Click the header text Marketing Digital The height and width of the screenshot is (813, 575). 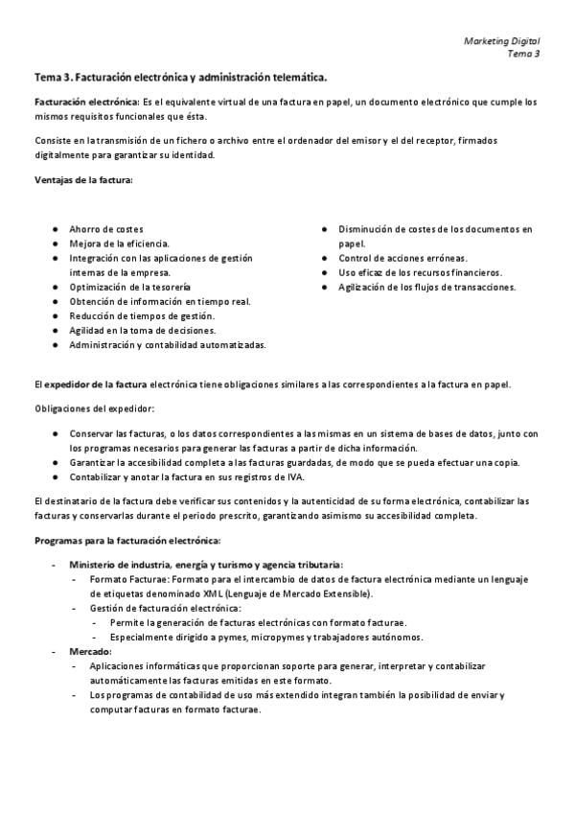[501, 41]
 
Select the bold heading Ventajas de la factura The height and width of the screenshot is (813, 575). [83, 179]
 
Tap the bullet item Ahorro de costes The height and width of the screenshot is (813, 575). [105, 230]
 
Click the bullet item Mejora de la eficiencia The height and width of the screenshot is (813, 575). [118, 244]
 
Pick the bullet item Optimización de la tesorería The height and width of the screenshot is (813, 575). [129, 288]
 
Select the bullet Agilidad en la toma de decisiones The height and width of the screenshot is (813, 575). [142, 330]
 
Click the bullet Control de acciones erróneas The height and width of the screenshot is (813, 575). [402, 258]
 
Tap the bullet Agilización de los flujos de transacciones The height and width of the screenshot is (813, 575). [426, 287]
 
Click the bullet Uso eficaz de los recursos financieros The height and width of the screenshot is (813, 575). [419, 272]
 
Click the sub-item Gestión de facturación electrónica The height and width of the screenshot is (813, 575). [165, 609]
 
